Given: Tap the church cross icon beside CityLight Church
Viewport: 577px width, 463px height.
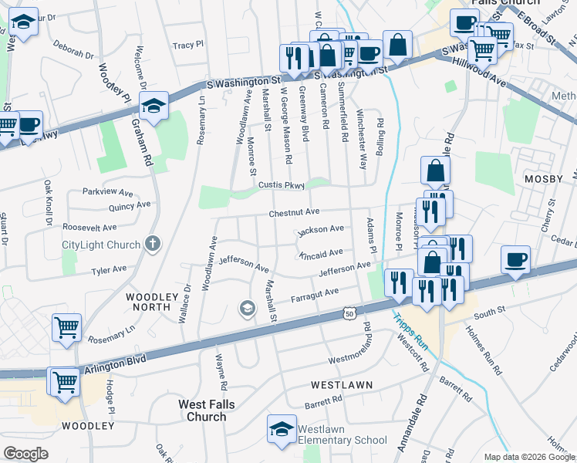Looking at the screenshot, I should tap(153, 245).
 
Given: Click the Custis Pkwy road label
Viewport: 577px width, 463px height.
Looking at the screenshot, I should tap(282, 185).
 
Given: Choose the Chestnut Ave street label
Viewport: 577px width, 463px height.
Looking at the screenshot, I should tap(294, 212).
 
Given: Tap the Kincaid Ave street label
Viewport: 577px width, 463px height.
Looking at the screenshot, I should tap(320, 253).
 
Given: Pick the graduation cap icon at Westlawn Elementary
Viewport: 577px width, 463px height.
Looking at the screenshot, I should tap(282, 429).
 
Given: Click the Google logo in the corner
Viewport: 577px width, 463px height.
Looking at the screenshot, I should tap(25, 454).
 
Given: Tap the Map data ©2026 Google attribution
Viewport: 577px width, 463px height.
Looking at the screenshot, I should tap(529, 457).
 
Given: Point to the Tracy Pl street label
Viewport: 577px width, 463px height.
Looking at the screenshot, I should tap(188, 46).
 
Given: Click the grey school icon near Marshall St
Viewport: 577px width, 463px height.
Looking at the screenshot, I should tap(247, 309).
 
